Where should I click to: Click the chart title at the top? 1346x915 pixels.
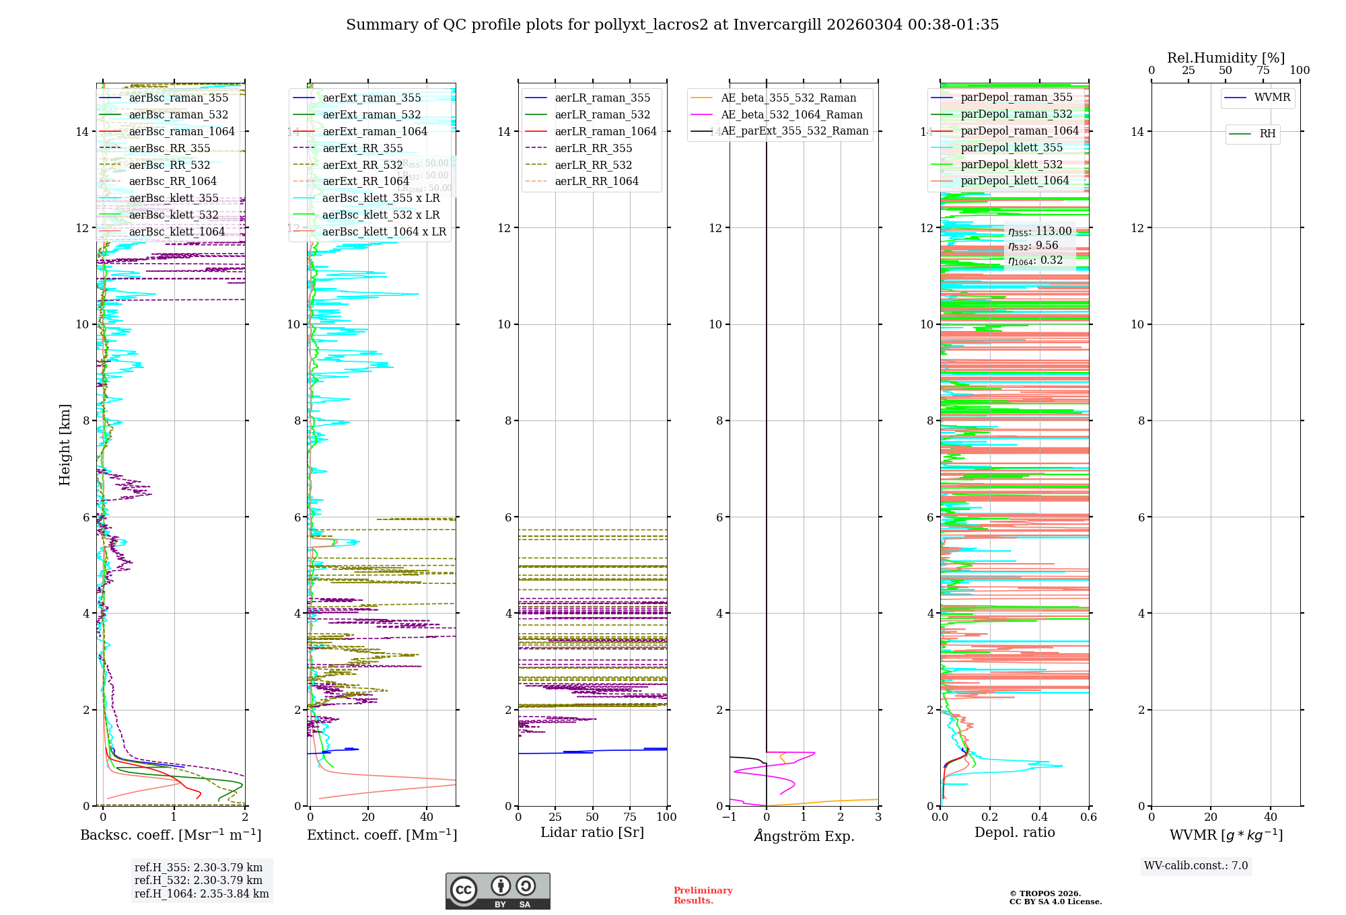click(x=672, y=25)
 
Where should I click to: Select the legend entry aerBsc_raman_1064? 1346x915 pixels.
click(x=182, y=131)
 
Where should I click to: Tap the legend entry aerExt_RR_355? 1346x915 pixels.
click(x=363, y=148)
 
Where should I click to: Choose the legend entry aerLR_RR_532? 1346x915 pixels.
click(x=593, y=165)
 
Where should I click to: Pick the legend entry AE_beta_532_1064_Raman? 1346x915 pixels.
click(x=791, y=114)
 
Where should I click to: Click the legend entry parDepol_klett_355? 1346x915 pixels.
click(x=1012, y=147)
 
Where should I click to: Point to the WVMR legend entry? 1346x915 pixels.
click(x=1272, y=98)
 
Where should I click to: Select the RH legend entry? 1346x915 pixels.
click(x=1267, y=134)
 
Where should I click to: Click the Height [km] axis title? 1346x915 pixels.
click(x=65, y=444)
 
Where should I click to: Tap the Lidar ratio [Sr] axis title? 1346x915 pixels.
click(x=592, y=832)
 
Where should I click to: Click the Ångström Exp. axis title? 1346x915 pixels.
click(x=804, y=836)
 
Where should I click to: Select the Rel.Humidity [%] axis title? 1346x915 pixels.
click(x=1226, y=58)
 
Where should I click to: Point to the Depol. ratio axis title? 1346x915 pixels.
click(x=1014, y=832)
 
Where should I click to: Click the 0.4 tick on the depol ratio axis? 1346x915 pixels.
click(x=1039, y=817)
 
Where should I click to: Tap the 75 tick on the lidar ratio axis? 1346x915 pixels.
click(x=630, y=817)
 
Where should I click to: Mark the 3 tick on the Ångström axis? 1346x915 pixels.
click(x=878, y=817)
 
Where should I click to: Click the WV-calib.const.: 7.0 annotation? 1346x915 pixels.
click(x=1196, y=866)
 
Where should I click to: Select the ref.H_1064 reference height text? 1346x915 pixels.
click(x=201, y=893)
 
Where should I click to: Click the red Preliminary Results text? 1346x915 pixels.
click(x=703, y=895)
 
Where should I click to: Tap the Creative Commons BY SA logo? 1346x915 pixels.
click(x=497, y=891)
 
